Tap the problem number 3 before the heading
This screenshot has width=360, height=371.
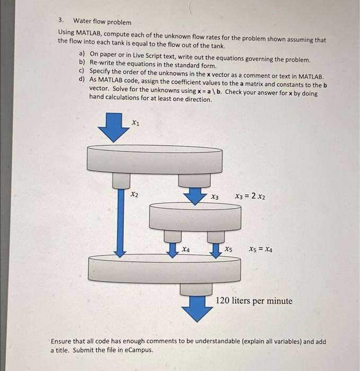tap(61, 21)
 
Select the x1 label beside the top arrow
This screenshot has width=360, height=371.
tap(136, 123)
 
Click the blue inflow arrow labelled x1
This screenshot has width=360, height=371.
tap(112, 127)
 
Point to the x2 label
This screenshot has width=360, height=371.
tap(134, 195)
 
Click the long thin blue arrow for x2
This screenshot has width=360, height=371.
tap(120, 223)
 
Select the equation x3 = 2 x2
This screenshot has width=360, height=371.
tap(250, 197)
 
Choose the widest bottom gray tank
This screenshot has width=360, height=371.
tap(164, 270)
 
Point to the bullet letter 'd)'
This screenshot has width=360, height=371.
tap(82, 78)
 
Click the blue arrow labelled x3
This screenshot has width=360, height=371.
tap(195, 196)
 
